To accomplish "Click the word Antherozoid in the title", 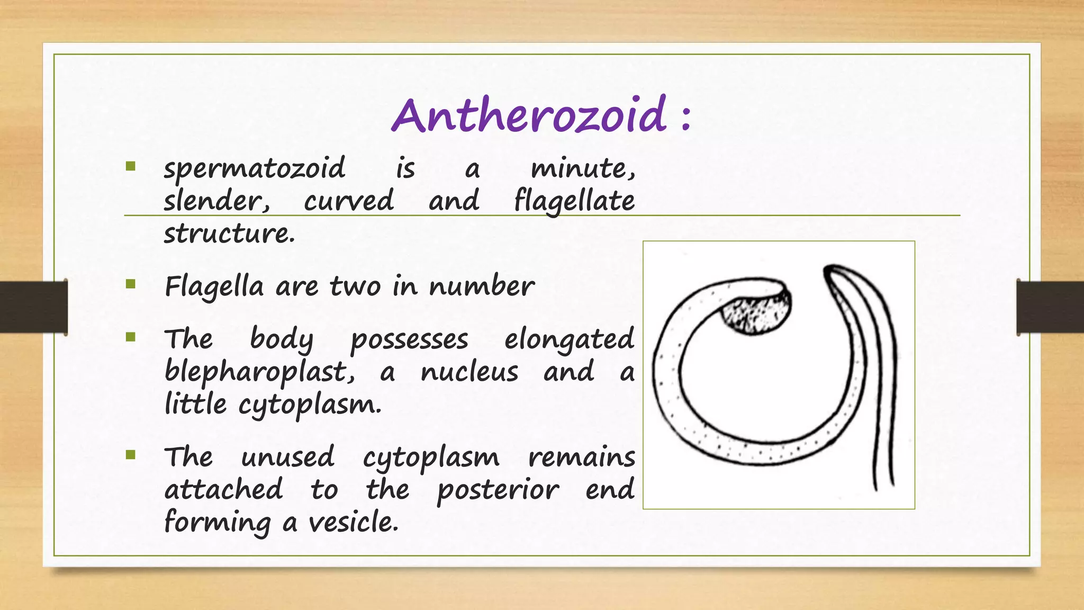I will click(529, 115).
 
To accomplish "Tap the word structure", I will click(229, 234).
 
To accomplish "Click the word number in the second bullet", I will click(481, 286).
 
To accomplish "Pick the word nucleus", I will click(469, 372).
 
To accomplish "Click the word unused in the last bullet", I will click(287, 457).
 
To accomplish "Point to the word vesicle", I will click(353, 523).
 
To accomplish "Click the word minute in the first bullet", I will click(582, 169).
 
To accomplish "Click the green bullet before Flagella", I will click(131, 284).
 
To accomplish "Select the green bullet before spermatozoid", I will click(131, 167).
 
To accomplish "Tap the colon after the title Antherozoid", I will click(686, 118).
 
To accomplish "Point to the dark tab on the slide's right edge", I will click(1050, 307).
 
